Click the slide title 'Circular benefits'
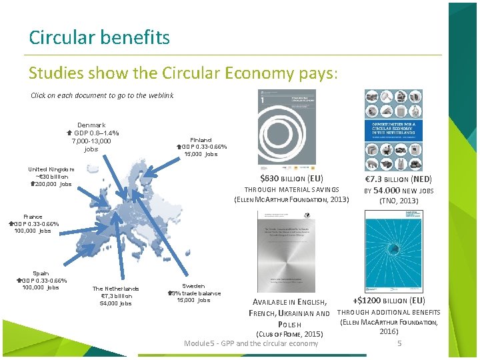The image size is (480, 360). coord(99,37)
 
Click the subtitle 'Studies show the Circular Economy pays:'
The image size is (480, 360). coord(183,72)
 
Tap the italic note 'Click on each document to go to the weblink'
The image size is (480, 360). coord(102,95)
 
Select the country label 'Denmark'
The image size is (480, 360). coord(91,125)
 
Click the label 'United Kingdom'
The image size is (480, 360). coord(51,169)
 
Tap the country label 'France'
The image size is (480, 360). coord(33,217)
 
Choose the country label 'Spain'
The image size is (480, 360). coord(41,273)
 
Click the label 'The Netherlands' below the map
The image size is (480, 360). coord(116,288)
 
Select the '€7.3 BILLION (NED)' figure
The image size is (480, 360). coord(399,179)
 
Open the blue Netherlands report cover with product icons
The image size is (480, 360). coord(393,131)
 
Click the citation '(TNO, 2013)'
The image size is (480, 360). coord(399,201)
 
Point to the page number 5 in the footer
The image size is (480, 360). coord(399,343)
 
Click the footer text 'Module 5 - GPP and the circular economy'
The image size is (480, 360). coord(251,343)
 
